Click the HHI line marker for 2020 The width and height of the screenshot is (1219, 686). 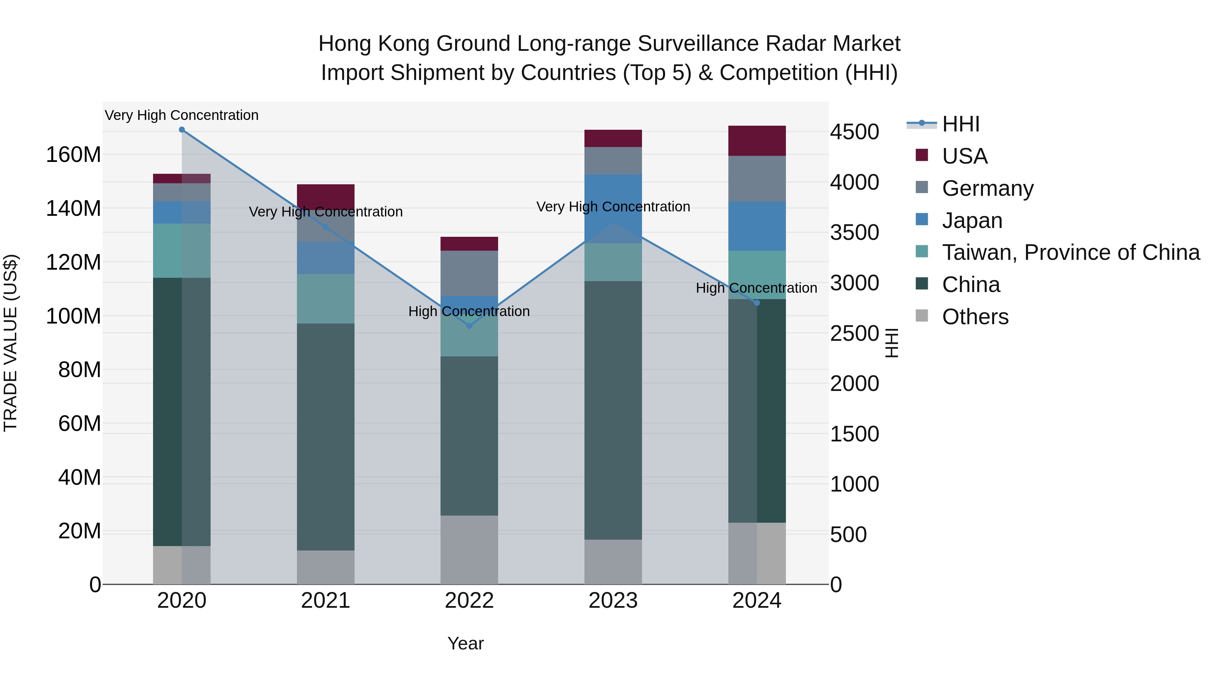pyautogui.click(x=182, y=130)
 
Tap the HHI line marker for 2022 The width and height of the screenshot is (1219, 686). pyautogui.click(x=469, y=326)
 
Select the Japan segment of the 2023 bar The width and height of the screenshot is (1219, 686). pyautogui.click(x=613, y=199)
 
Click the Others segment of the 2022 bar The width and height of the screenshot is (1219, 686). pyautogui.click(x=469, y=549)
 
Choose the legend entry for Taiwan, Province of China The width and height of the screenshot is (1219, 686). pyautogui.click(x=1070, y=252)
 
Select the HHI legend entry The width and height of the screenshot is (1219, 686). pyautogui.click(x=961, y=124)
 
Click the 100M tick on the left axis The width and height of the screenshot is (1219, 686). pyautogui.click(x=73, y=316)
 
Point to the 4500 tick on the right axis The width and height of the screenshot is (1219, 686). pyautogui.click(x=854, y=132)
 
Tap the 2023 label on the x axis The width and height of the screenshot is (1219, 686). pyautogui.click(x=613, y=601)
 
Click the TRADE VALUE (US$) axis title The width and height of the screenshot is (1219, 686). pyautogui.click(x=10, y=343)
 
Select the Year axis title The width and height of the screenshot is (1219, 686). pyautogui.click(x=465, y=643)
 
